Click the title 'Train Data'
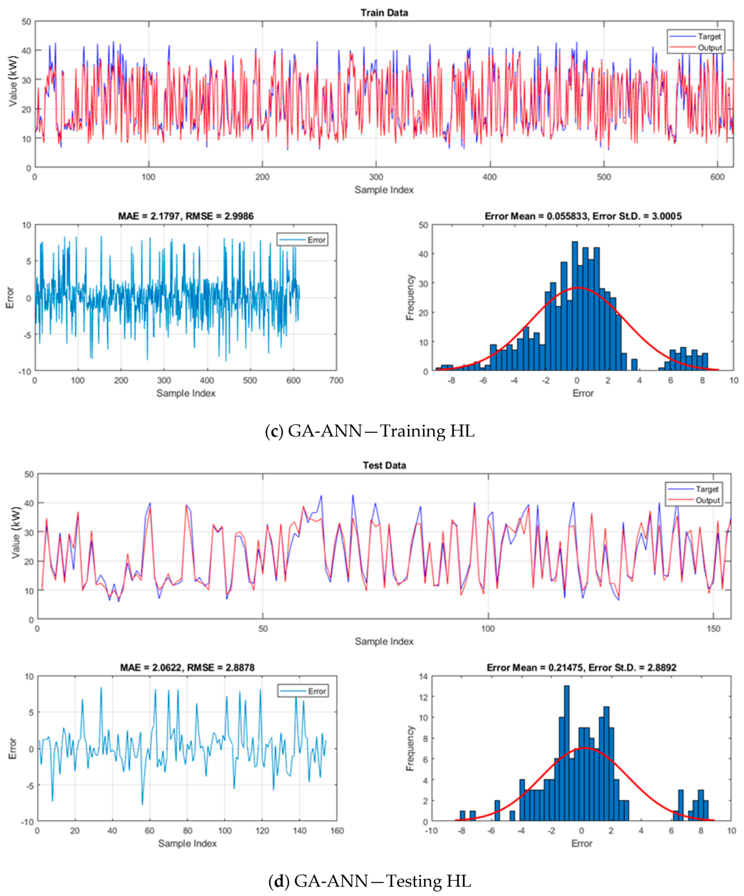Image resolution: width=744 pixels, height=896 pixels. (384, 13)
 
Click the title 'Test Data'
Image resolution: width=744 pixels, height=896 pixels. (384, 465)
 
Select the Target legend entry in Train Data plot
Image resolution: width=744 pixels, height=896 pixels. (709, 37)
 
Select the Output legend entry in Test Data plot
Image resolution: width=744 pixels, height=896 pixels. (707, 500)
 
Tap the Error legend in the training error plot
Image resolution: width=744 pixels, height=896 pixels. (316, 240)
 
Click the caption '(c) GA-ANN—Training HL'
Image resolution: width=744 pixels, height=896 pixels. (369, 431)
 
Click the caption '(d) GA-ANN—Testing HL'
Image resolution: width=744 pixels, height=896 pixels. (369, 881)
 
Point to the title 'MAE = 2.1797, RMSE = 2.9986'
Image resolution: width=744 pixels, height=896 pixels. (186, 216)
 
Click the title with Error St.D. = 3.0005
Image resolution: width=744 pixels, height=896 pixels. (583, 216)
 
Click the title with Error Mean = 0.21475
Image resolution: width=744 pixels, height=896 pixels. (581, 667)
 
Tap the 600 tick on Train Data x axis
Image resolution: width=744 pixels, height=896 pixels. (718, 177)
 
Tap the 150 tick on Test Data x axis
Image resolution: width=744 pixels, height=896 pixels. (713, 629)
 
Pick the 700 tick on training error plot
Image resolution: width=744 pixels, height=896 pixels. (336, 381)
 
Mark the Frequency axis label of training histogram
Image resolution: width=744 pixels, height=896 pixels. (410, 297)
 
